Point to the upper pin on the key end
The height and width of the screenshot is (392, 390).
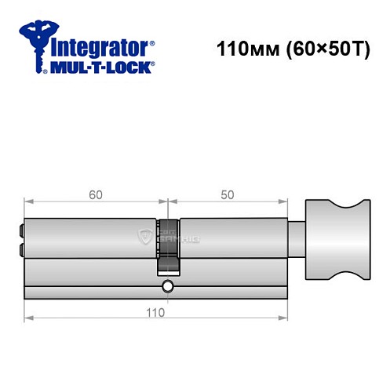[20, 231]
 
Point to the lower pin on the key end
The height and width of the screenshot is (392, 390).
[20, 250]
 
